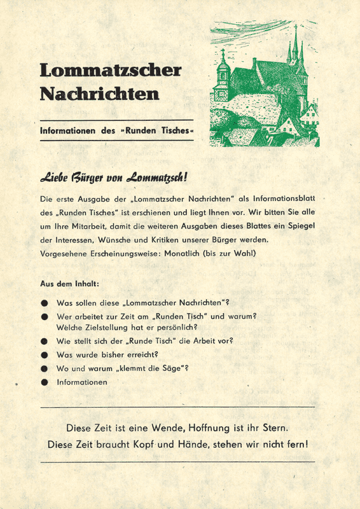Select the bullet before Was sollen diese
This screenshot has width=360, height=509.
coord(45,303)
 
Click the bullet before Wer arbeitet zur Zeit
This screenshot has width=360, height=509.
coord(45,316)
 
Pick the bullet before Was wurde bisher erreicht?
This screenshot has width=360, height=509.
coord(45,354)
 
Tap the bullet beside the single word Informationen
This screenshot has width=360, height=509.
coord(45,382)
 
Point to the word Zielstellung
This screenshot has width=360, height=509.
coord(107,328)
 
